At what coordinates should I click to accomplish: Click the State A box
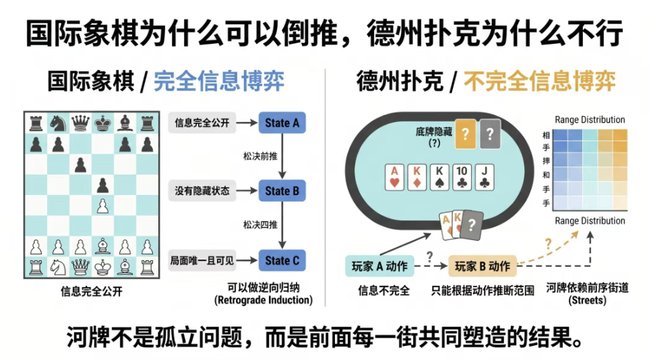coord(282,123)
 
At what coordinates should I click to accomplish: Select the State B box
coord(282,191)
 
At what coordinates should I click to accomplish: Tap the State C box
coord(282,260)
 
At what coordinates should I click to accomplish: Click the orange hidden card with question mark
coord(464,133)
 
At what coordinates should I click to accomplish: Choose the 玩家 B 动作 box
coord(483,266)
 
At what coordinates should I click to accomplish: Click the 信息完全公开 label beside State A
coord(202,123)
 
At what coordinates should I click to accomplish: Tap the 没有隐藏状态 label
coord(202,191)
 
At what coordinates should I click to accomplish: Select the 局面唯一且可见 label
coord(202,260)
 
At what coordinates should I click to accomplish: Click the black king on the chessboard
coord(102,124)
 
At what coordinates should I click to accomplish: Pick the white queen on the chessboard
coord(80,267)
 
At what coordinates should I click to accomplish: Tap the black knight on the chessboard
coord(58,124)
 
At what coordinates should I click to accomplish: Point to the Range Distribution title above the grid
coord(590,120)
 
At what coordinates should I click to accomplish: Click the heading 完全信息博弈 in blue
coord(219,82)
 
